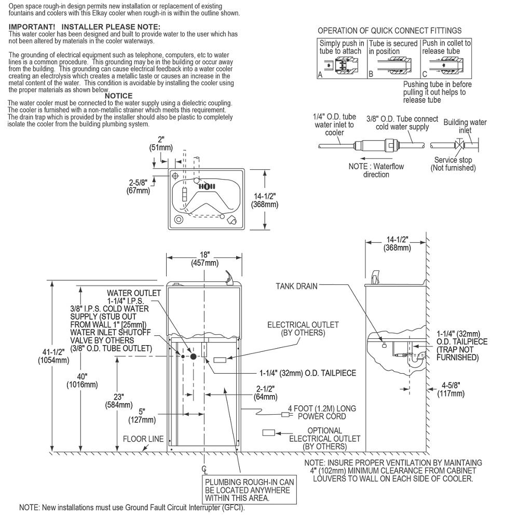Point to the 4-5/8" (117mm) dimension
[x=450, y=390]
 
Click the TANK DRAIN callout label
[x=296, y=285]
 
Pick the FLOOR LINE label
[x=143, y=439]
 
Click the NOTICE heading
[x=118, y=96]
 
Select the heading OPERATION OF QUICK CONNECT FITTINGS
[x=389, y=31]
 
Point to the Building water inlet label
[x=465, y=126]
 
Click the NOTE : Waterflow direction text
[x=376, y=170]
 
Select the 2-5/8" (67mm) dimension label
[x=138, y=186]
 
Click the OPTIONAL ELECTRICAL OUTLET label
[x=324, y=438]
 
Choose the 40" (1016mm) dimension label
[x=82, y=381]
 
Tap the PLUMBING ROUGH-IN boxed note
[x=250, y=490]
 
